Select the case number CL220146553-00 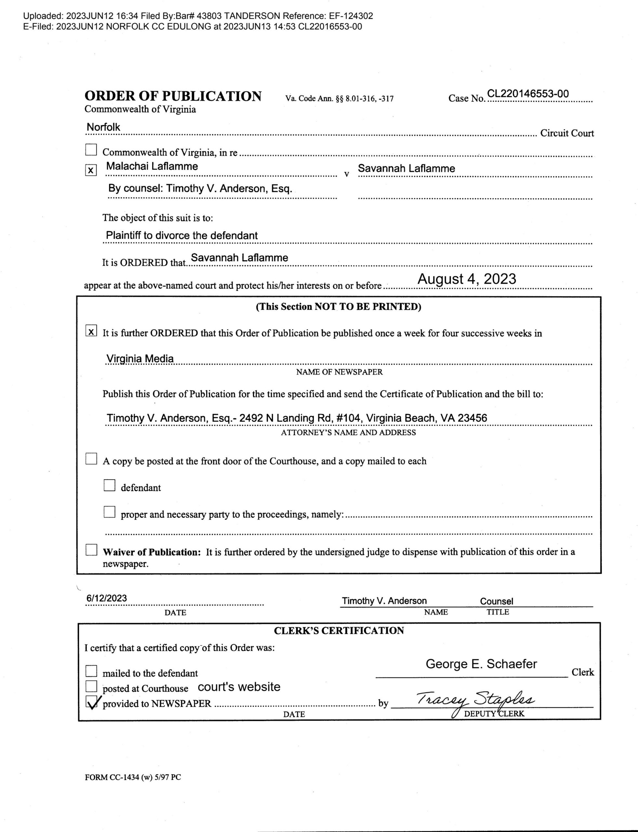pos(528,94)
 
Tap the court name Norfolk pos(103,127)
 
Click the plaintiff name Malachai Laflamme pos(152,166)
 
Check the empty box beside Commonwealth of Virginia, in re pos(91,150)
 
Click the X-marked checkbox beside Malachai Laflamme pos(91,170)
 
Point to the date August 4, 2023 pos(467,279)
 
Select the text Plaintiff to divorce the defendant pos(181,235)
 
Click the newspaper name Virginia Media pos(140,359)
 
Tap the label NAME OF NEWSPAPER pos(339,372)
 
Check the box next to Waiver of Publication pos(91,550)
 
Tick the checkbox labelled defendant pos(109,486)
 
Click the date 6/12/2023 pos(107,598)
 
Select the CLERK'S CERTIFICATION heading pos(339,631)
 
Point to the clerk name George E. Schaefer pos(481,664)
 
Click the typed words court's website pos(239,687)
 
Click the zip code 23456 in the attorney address pos(472,418)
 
